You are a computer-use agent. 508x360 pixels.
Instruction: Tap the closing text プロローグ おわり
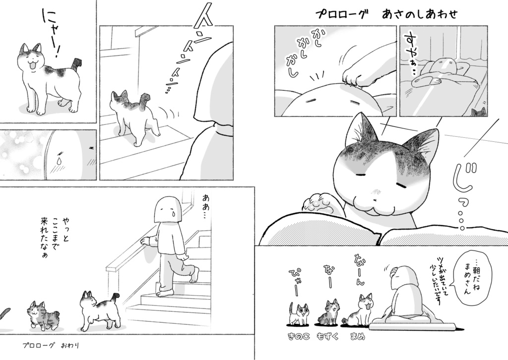coord(51,344)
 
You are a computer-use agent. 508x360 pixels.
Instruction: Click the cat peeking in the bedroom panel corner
coord(479,112)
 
